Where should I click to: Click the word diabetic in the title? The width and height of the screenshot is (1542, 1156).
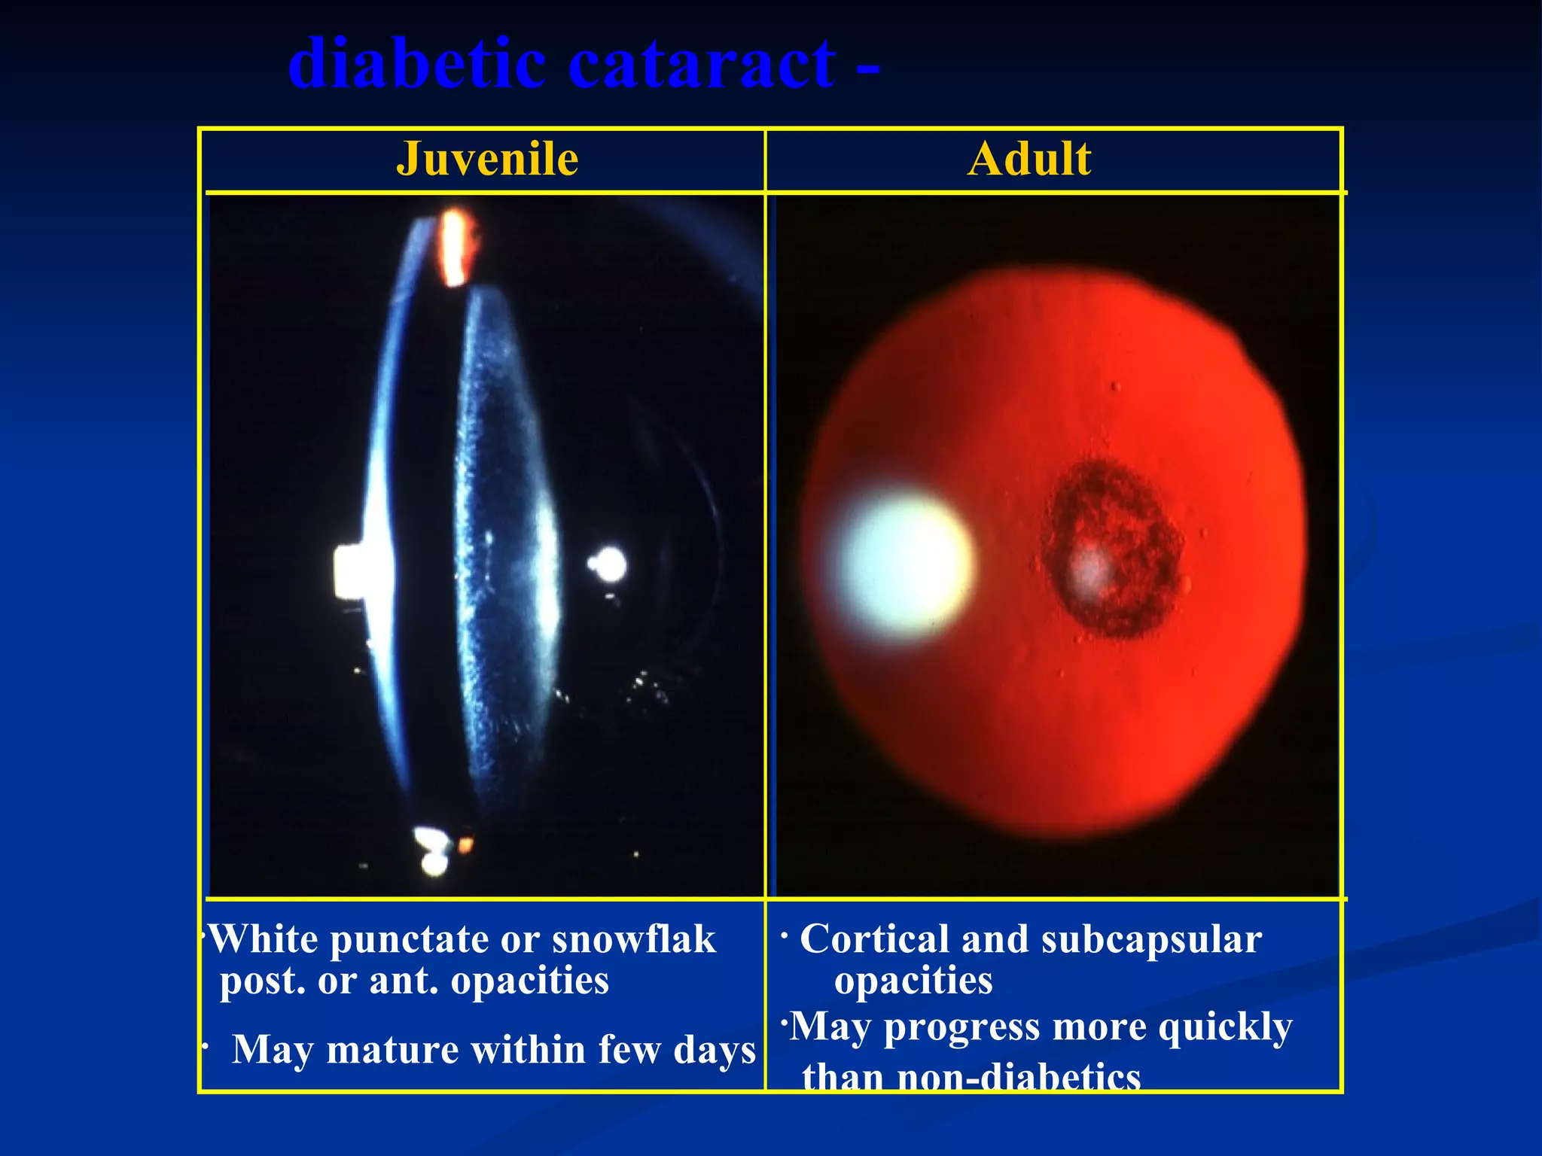click(x=416, y=64)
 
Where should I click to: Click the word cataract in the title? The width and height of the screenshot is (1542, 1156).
click(x=701, y=64)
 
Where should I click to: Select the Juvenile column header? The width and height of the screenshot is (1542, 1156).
click(x=487, y=159)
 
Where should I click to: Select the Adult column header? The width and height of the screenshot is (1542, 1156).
click(x=1029, y=159)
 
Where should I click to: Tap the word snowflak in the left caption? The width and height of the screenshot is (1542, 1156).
click(x=633, y=939)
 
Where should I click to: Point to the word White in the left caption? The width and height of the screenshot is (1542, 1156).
click(x=264, y=939)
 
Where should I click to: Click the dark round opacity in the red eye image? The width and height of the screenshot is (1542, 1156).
click(x=1111, y=549)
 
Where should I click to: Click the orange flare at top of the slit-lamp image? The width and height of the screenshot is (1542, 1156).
click(x=454, y=248)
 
